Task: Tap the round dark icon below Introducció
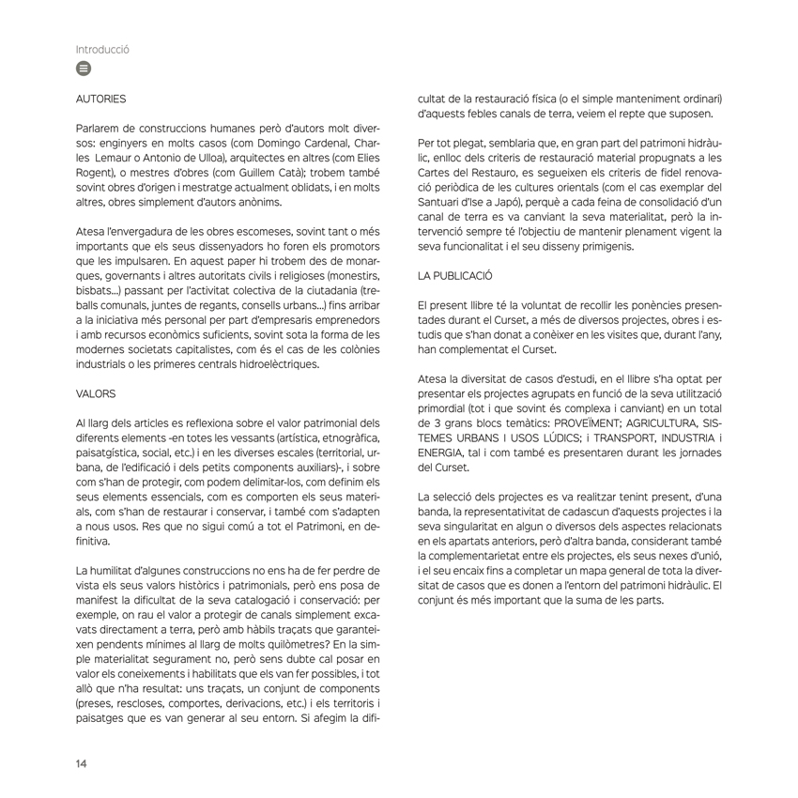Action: [x=84, y=69]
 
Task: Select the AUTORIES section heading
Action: [x=100, y=98]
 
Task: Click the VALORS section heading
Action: [x=96, y=396]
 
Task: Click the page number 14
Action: [x=82, y=762]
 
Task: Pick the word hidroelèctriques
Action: [x=275, y=365]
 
